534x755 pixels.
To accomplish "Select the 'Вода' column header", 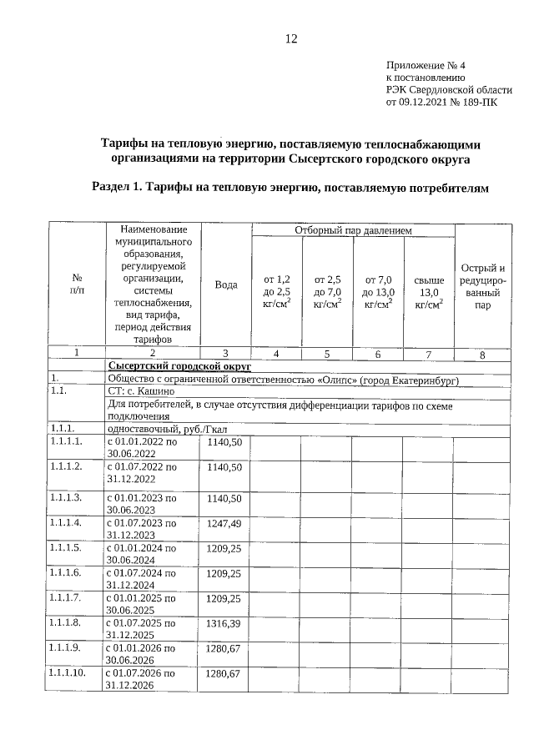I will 226,284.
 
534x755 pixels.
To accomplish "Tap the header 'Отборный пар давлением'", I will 353,229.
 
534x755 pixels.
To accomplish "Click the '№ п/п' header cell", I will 77,285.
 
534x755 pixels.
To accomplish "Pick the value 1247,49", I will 224,523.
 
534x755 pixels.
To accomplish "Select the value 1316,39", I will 224,624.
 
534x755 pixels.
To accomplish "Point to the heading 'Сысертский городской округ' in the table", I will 179,365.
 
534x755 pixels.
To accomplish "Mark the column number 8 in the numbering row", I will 481,355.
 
